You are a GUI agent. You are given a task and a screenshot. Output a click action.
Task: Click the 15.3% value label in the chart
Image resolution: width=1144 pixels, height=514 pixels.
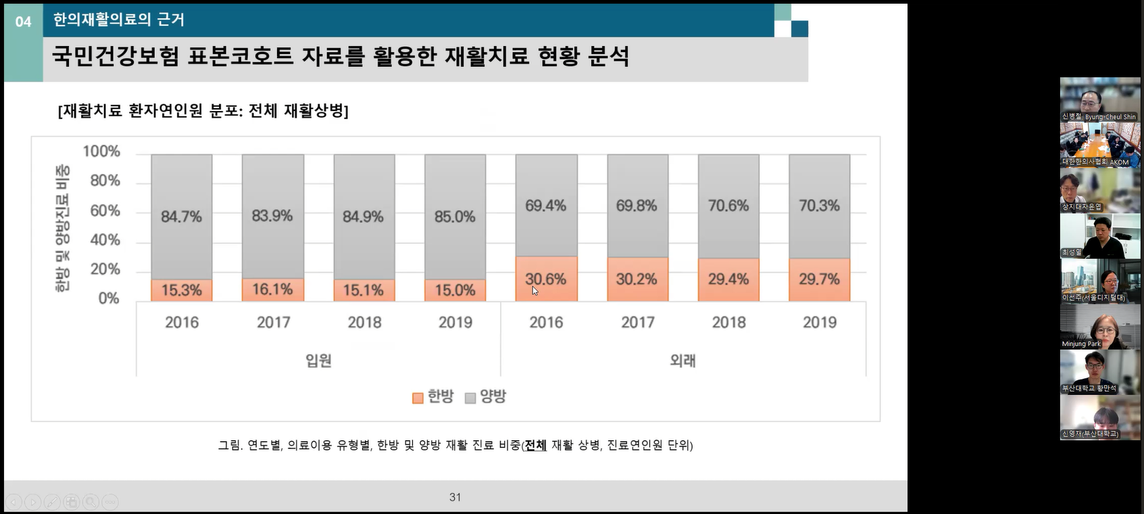pos(181,290)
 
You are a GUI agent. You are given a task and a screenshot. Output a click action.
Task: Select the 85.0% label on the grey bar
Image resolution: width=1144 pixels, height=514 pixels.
pos(455,217)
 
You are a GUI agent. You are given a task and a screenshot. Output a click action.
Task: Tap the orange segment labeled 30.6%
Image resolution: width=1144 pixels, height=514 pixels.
pos(546,279)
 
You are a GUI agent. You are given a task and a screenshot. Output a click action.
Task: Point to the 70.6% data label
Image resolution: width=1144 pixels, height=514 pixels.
pos(728,206)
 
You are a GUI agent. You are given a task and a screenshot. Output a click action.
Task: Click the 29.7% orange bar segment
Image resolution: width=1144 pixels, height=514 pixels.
pos(819,279)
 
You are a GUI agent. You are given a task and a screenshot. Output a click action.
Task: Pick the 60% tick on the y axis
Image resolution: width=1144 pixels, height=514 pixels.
pos(105,210)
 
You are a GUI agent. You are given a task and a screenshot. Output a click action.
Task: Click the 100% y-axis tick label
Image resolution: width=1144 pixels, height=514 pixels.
pos(101,151)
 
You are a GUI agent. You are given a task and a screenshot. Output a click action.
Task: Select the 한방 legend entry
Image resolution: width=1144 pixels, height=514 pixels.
pos(433,397)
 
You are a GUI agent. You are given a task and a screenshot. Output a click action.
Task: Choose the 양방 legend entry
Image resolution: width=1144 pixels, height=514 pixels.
pos(486,397)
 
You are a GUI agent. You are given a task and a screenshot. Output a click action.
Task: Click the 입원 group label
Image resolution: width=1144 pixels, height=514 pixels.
pos(318,360)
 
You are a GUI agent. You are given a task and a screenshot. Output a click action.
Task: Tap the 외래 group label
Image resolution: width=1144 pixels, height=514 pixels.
pos(682,360)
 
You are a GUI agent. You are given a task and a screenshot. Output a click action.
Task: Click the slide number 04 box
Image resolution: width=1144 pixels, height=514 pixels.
pos(23,22)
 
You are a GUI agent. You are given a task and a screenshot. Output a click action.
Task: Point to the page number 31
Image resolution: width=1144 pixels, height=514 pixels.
pos(455,497)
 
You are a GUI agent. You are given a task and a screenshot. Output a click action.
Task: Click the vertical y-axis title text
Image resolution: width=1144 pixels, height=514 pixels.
pos(62,229)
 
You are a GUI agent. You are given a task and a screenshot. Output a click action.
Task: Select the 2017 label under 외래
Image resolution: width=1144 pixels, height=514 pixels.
pos(637,323)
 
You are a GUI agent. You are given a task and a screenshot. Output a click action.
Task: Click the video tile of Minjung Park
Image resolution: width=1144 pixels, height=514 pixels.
pos(1099,327)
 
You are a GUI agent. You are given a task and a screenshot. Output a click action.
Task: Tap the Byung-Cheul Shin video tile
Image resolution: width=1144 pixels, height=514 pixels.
pos(1099,99)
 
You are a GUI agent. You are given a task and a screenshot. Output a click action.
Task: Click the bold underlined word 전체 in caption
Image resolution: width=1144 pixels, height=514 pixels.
pos(535,445)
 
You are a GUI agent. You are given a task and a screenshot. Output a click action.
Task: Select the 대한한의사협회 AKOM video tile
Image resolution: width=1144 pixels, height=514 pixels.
pos(1099,145)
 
